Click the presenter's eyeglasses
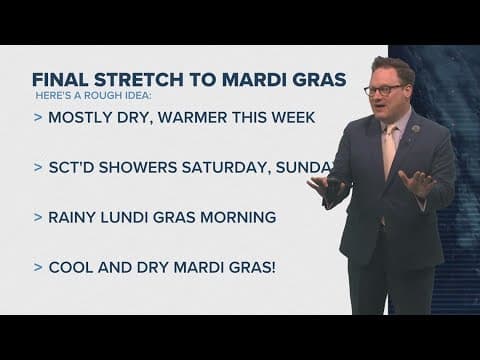pyautogui.click(x=385, y=89)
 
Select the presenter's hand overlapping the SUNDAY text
pyautogui.click(x=324, y=186)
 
